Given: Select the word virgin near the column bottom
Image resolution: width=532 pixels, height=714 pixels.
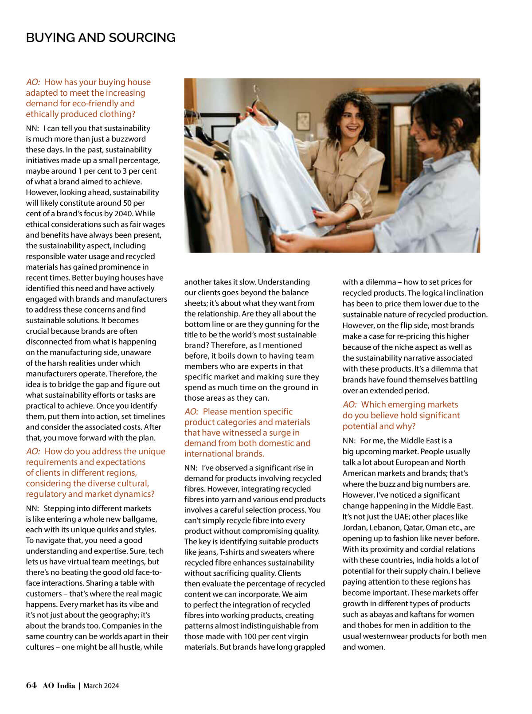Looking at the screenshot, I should [x=297, y=636].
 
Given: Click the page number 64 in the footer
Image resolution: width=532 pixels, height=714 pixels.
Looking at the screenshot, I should [x=31, y=685].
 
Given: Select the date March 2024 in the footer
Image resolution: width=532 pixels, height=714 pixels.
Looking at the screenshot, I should [x=101, y=686].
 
